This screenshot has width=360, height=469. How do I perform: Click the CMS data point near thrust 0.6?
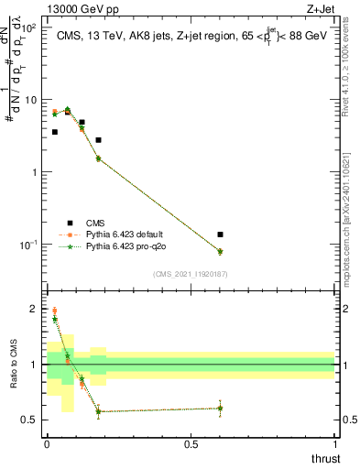pyautogui.click(x=220, y=234)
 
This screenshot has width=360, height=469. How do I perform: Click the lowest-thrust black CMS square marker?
pyautogui.click(x=55, y=132)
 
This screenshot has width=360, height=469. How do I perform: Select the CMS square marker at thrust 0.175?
pyautogui.click(x=98, y=140)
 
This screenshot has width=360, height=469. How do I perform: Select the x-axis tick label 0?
pyautogui.click(x=47, y=443)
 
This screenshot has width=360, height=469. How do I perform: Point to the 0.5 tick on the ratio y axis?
pyautogui.click(x=34, y=420)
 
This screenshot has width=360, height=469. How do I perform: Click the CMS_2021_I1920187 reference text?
pyautogui.click(x=190, y=274)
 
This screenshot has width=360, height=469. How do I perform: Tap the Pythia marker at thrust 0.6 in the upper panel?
pyautogui.click(x=220, y=251)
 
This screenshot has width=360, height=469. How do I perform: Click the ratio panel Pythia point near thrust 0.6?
pyautogui.click(x=220, y=409)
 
